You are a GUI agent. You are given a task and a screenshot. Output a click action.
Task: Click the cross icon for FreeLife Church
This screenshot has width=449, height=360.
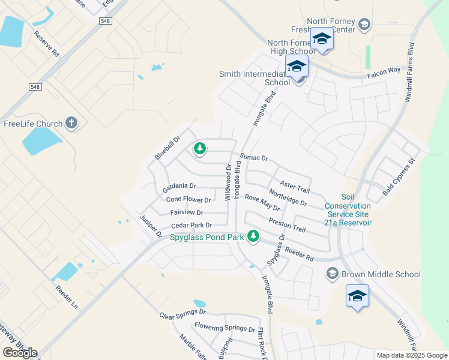click(71, 124)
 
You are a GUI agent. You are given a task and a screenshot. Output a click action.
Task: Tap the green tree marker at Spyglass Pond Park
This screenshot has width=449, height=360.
click(253, 236)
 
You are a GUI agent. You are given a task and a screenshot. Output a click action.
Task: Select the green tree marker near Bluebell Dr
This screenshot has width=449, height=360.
click(199, 148)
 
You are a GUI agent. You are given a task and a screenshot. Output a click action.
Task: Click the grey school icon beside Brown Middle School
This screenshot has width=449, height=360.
click(332, 274)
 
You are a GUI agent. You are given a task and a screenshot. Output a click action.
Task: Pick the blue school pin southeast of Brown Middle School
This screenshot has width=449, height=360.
click(357, 296)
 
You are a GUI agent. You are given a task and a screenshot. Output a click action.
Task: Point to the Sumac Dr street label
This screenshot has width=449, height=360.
click(253, 158)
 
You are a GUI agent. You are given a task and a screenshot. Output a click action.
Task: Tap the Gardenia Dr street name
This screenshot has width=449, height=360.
click(179, 187)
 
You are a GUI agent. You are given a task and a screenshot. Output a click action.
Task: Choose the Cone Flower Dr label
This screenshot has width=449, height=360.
click(188, 200)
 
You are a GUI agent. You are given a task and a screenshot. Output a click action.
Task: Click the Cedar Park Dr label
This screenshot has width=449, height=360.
click(191, 226)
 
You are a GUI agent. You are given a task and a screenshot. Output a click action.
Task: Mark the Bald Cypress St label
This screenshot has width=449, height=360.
click(399, 178)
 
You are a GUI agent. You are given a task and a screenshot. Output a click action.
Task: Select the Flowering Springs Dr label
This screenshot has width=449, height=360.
click(224, 328)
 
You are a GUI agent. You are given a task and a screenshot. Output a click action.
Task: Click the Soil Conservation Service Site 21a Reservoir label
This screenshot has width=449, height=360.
click(348, 209)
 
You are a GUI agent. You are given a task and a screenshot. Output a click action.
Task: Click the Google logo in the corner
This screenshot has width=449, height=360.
click(20, 353)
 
